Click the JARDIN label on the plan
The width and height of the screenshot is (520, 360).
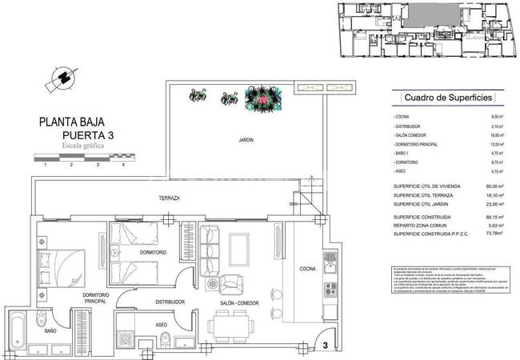(246, 140)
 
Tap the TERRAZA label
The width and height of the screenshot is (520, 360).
(169, 198)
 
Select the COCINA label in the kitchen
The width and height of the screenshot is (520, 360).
(309, 269)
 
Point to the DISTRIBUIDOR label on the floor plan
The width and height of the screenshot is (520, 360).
(170, 302)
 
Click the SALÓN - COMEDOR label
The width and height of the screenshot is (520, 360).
(239, 304)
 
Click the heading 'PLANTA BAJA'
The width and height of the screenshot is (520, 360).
(76, 123)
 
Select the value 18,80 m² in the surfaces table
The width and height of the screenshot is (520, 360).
(495, 137)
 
